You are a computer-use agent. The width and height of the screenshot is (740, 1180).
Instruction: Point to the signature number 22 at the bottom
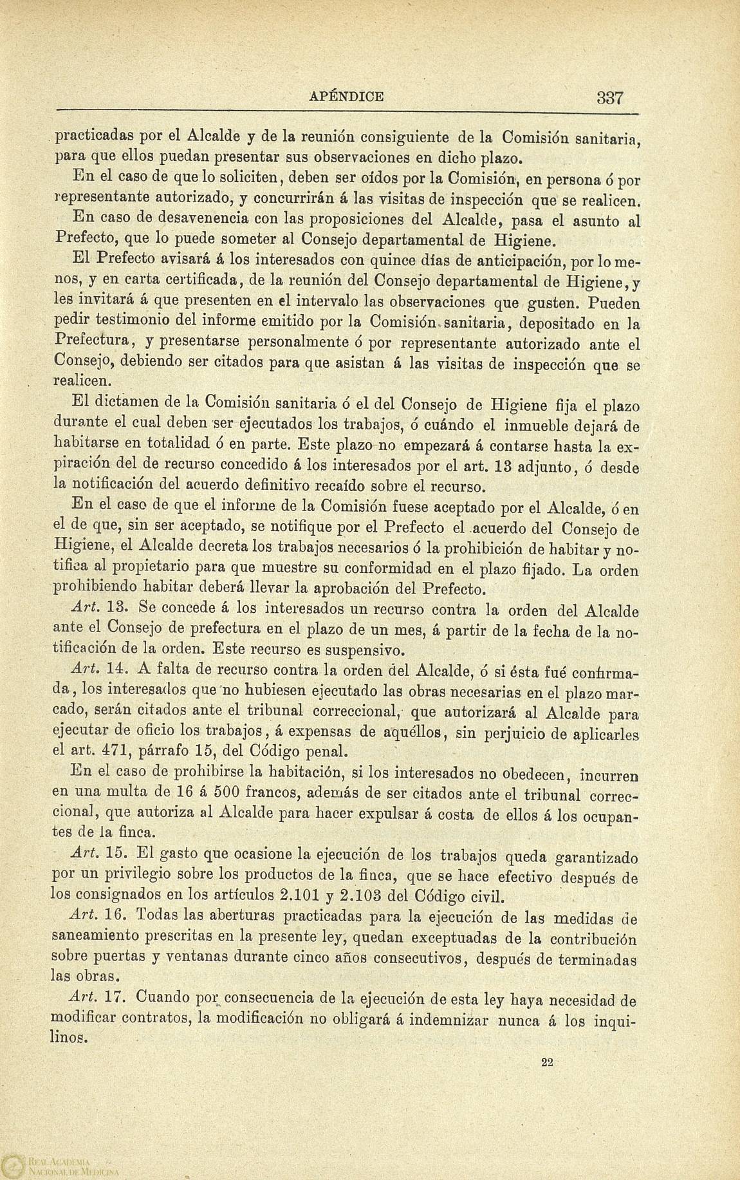[x=547, y=1063]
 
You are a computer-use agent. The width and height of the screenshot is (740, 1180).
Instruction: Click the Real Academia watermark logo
[x=13, y=1166]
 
